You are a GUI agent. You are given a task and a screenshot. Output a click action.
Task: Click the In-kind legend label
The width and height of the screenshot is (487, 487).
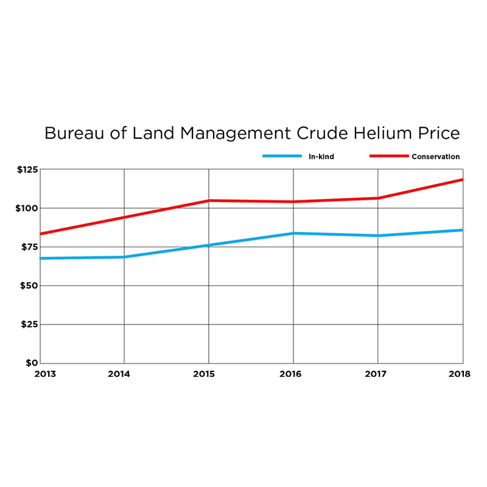(321, 156)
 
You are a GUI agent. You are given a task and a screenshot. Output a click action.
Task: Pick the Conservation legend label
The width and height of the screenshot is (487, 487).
(435, 156)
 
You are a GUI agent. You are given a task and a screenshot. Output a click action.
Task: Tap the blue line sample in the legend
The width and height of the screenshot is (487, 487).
(282, 156)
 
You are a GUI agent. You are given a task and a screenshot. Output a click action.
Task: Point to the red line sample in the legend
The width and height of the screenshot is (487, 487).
(388, 156)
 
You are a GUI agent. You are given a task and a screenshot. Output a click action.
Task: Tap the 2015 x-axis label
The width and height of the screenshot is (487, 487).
(209, 374)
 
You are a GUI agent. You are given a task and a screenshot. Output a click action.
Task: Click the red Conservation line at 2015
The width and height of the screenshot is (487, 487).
(209, 200)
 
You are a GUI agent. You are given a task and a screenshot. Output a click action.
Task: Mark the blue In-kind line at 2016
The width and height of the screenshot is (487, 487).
(293, 233)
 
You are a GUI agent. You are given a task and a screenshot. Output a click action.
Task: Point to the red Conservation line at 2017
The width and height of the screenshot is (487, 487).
(378, 198)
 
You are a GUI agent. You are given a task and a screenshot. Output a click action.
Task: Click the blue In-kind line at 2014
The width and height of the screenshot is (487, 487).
(124, 257)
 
